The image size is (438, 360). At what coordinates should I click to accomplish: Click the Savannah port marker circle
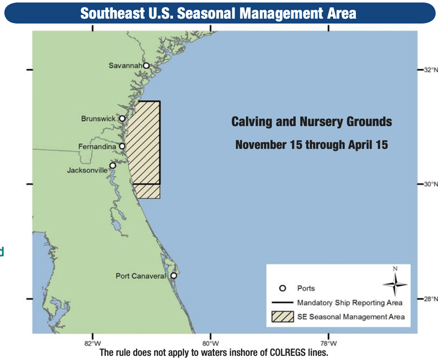[x=146, y=66]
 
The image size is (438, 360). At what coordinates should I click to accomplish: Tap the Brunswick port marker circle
[x=122, y=118]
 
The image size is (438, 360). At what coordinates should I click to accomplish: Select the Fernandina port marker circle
[x=122, y=146]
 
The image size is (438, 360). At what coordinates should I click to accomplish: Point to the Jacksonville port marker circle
[x=112, y=165]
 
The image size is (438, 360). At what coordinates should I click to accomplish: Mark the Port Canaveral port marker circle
[x=173, y=276]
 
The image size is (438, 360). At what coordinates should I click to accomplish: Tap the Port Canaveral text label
[x=141, y=276]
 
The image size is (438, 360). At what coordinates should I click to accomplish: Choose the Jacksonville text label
[x=87, y=170]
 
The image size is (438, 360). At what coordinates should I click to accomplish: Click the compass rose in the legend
[x=395, y=283]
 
